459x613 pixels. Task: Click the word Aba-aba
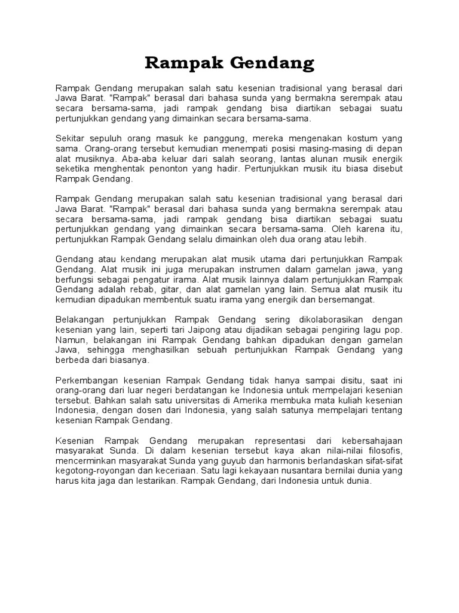tap(137, 159)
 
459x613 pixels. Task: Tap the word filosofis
tap(381, 451)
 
